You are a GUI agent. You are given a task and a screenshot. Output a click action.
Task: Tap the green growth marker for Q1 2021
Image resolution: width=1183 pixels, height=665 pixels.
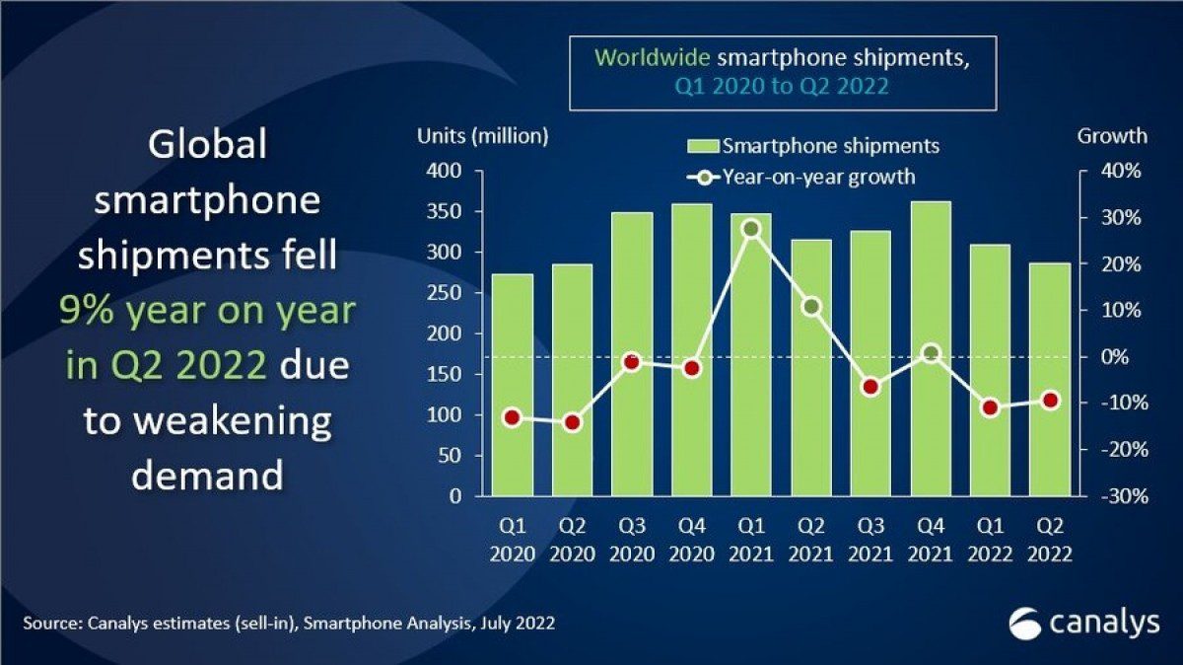point(751,229)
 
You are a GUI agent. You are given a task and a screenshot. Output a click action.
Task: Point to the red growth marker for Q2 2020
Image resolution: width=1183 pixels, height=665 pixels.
point(572,422)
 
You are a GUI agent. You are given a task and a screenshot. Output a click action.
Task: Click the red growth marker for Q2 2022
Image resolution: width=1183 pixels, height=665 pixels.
point(1051,400)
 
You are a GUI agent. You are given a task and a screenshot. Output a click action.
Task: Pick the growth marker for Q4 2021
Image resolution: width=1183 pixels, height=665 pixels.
point(930,352)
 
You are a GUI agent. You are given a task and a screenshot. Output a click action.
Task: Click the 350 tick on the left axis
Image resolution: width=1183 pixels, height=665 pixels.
point(445,212)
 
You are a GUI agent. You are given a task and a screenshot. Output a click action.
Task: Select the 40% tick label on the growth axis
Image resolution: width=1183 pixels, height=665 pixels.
point(1123,172)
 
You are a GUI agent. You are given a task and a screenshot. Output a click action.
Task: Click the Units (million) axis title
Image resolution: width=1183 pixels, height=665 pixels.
point(483,136)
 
